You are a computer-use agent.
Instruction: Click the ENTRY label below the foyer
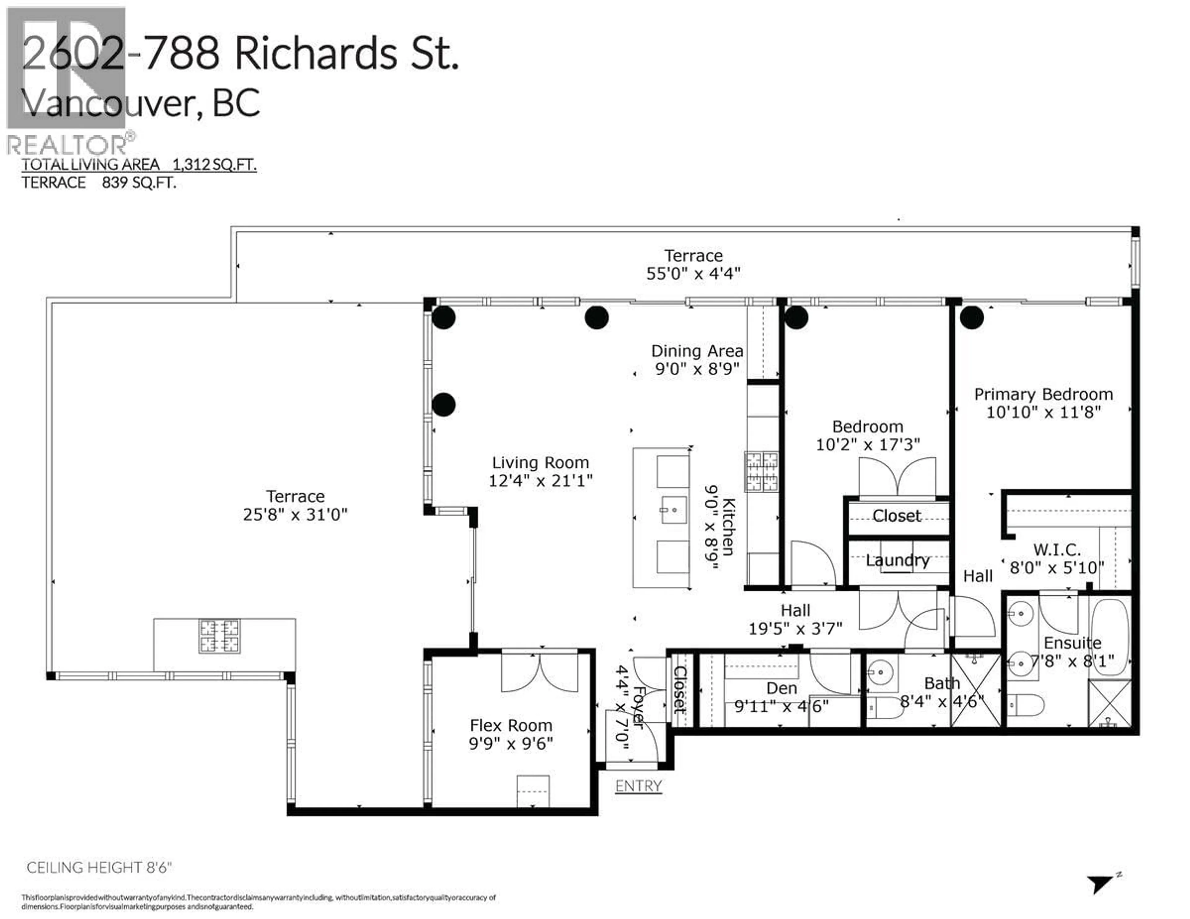(638, 786)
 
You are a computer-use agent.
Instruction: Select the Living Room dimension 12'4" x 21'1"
(540, 481)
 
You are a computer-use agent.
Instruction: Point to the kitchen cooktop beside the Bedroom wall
(762, 472)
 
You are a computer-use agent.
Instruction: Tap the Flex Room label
(510, 726)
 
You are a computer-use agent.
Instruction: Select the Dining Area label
(697, 351)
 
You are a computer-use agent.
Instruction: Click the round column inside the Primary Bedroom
(972, 318)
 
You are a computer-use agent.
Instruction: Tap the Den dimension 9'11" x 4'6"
(781, 706)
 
